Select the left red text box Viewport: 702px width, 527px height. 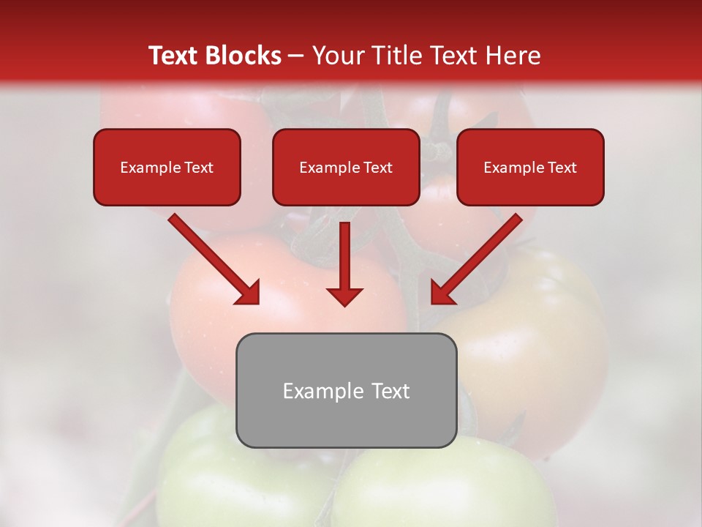point(167,168)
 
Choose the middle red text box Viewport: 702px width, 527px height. point(346,168)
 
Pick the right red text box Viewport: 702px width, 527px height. point(530,168)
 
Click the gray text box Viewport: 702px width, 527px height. point(346,390)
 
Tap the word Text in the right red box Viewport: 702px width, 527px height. point(562,168)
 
